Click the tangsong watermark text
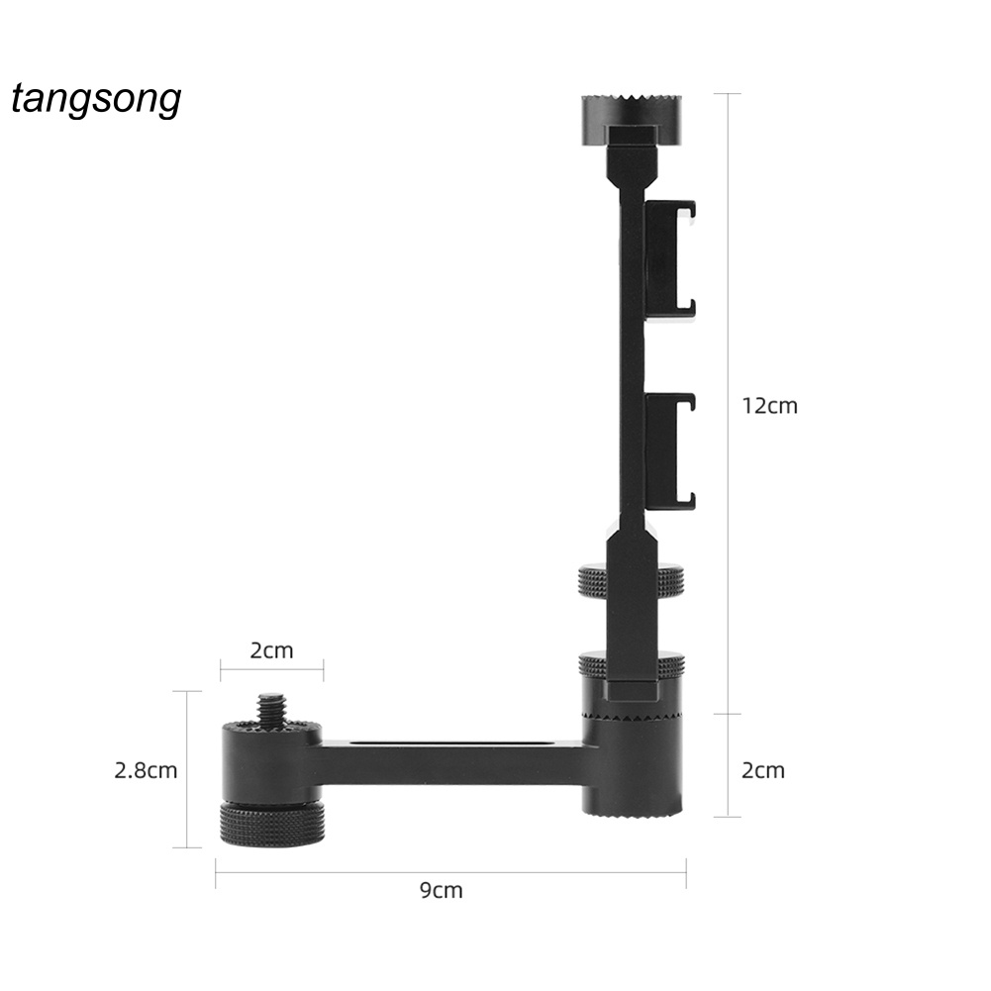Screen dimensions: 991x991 96,100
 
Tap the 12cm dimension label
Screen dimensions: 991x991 769,405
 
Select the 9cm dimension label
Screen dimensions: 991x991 441,890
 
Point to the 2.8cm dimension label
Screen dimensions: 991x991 146,769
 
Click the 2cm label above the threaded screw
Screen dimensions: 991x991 270,650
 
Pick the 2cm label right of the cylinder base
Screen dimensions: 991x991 762,770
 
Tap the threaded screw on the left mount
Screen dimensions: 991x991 270,709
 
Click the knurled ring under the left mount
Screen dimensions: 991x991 271,822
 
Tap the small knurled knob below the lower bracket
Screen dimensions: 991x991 630,581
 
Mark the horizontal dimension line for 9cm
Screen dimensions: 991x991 450,872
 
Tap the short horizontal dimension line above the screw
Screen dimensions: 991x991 270,669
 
